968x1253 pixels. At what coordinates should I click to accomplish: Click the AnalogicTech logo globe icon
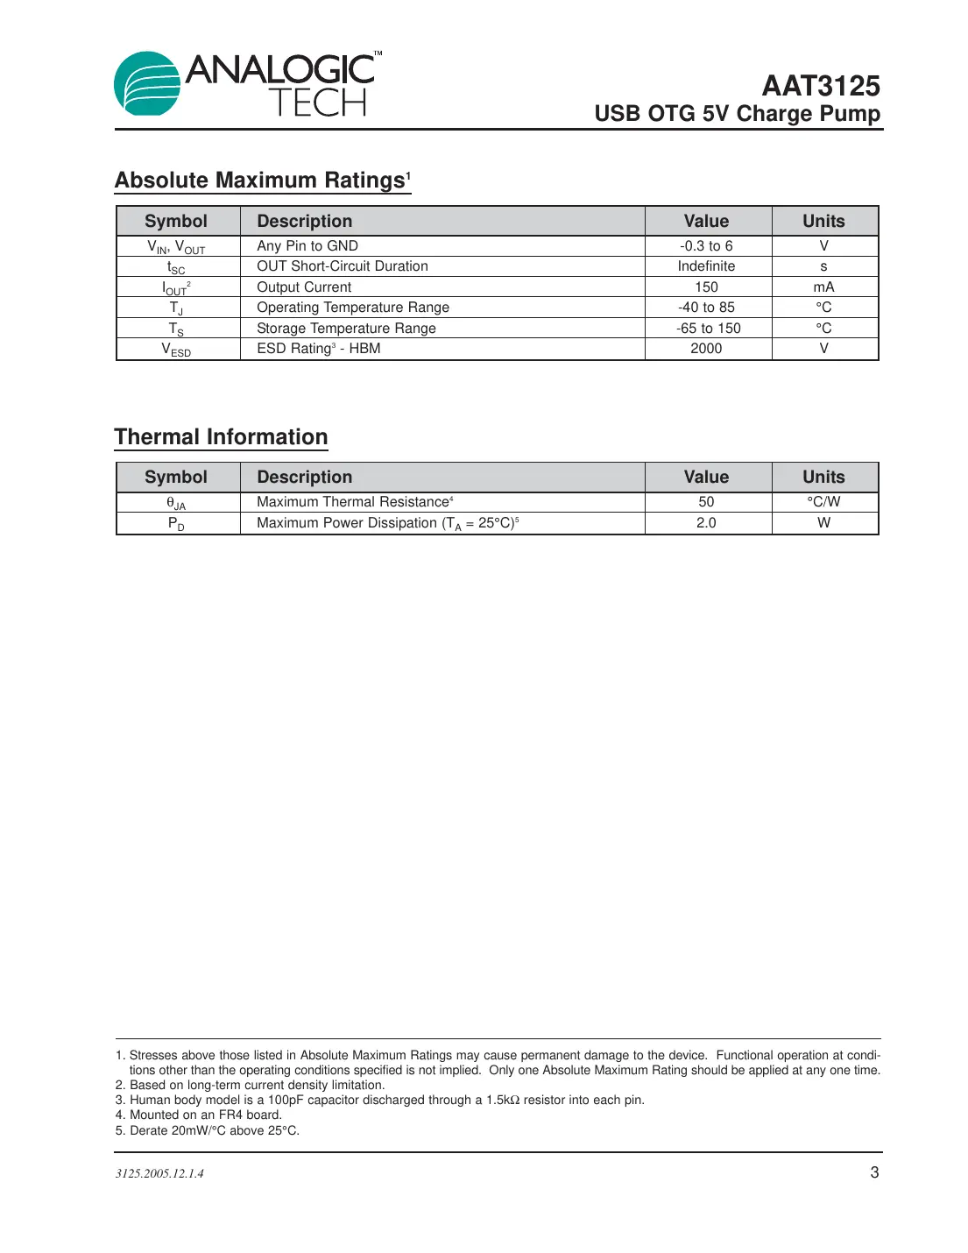click(146, 84)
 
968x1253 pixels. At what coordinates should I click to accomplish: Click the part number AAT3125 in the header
click(820, 86)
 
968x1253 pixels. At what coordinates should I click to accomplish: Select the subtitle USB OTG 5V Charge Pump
click(737, 114)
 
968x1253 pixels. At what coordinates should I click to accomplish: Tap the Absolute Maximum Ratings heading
click(262, 180)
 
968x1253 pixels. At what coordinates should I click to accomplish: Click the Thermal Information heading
click(221, 436)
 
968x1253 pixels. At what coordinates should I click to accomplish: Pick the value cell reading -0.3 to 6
click(706, 246)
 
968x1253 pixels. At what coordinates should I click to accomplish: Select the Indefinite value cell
click(706, 266)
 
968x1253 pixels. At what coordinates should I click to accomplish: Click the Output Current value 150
click(706, 287)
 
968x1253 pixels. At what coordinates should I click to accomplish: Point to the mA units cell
click(823, 287)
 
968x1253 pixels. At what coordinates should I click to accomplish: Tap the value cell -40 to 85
click(706, 308)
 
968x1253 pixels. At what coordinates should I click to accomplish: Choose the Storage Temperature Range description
click(346, 329)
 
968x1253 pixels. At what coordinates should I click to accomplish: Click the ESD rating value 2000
click(706, 349)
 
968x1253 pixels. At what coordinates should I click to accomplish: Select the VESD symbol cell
click(176, 350)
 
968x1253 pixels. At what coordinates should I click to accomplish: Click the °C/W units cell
click(823, 502)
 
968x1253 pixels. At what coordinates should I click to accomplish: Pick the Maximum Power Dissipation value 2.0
click(706, 523)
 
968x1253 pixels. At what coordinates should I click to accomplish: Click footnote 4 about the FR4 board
click(199, 1115)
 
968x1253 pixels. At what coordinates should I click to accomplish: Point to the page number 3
click(873, 1172)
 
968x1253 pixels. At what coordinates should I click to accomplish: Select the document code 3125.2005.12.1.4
click(159, 1173)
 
